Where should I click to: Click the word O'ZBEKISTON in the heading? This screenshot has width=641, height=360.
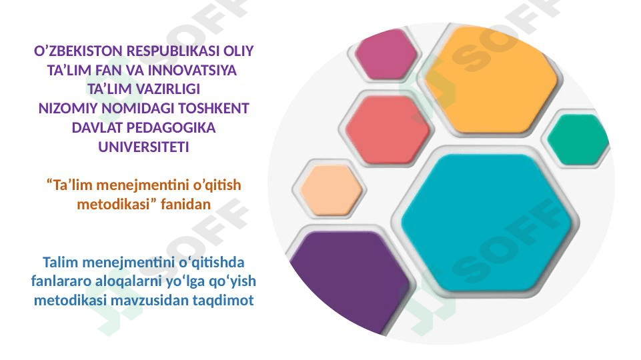pos(78,51)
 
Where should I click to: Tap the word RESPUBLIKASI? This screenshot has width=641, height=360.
pos(173,51)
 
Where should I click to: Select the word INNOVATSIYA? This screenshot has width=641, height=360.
pos(192,70)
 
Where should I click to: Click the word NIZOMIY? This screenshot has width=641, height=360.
pos(68,108)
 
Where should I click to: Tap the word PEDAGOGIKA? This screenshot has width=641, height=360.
pos(171,127)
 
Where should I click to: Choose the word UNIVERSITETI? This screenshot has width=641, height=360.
pos(143,147)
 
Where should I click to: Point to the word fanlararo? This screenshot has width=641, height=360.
pos(61,281)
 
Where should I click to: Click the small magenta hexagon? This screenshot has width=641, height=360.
pos(386,54)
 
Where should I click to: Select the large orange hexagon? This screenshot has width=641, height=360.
pos(491,79)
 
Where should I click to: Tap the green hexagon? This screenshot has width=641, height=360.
pos(578,139)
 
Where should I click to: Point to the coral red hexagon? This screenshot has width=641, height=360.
pos(388,129)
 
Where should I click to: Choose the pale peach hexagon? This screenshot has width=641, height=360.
pos(331,190)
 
